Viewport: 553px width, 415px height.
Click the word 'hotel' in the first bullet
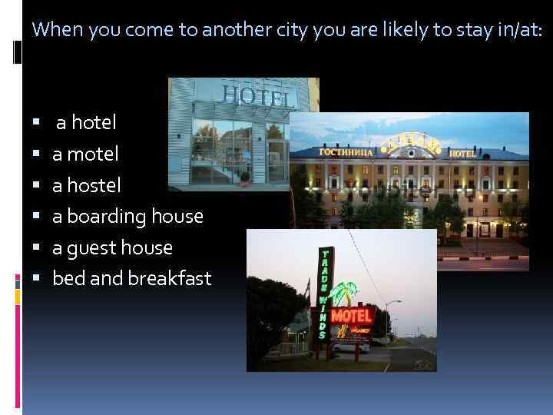pos(94,122)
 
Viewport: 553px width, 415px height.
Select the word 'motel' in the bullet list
pos(93,154)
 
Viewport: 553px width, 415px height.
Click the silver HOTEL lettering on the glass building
pos(258,96)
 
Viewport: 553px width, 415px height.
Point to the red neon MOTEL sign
pos(352,315)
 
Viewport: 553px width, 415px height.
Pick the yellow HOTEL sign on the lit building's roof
pos(462,153)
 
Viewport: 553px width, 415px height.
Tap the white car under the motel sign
pos(350,347)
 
